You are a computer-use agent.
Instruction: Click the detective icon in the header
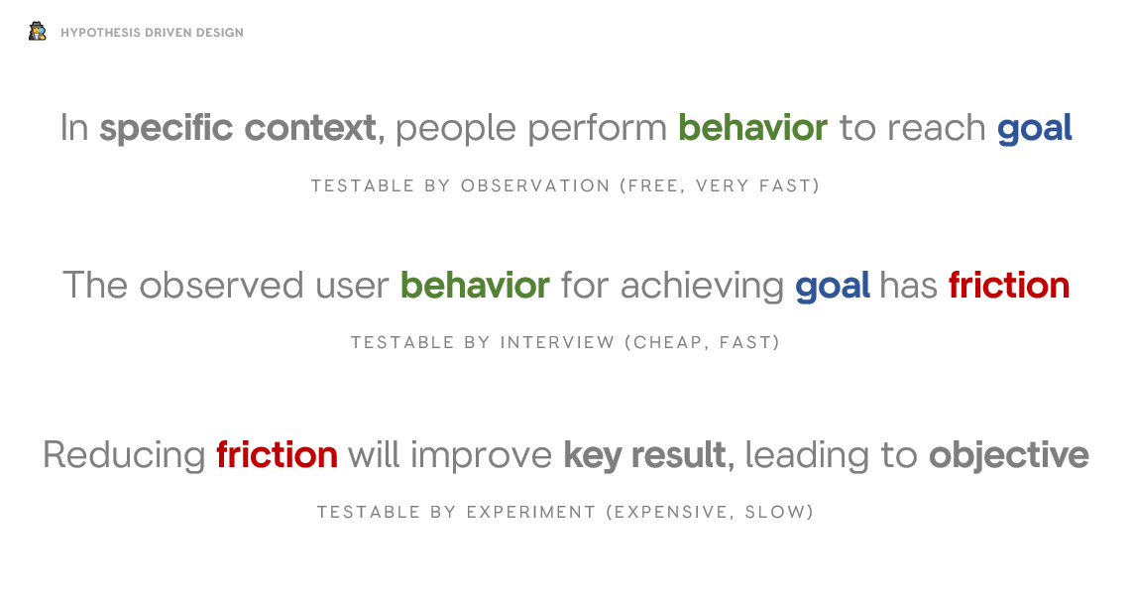click(38, 32)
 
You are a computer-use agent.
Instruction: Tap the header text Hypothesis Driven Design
click(152, 33)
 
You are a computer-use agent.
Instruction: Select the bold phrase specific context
click(237, 128)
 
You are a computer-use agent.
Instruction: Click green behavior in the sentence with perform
click(752, 128)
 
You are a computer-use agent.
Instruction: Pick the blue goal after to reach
click(1034, 128)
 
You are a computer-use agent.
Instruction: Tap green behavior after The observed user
click(475, 286)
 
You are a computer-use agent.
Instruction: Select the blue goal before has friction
click(832, 286)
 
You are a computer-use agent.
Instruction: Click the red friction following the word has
click(1008, 286)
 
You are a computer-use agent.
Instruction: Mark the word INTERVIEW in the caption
click(557, 342)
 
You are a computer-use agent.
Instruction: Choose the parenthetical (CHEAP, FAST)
click(702, 342)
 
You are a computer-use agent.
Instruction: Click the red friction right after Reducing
click(277, 455)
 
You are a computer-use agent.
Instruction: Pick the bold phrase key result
click(644, 455)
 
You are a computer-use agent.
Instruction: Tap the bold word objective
click(1008, 455)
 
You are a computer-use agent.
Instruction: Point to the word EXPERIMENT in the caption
click(530, 512)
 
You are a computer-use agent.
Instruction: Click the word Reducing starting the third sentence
click(124, 455)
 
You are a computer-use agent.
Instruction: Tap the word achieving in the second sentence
click(702, 286)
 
